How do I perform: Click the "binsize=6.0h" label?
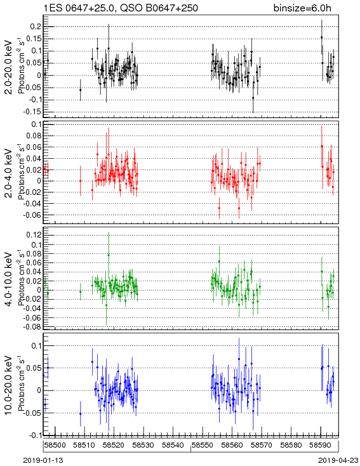302,8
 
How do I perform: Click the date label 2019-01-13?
43,460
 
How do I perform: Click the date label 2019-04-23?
338,460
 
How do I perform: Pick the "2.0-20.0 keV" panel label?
9,67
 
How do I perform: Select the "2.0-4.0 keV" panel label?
9,173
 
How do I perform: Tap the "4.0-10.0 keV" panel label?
9,279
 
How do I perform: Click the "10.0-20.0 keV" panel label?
9,385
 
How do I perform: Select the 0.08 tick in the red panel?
34,136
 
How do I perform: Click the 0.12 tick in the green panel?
34,235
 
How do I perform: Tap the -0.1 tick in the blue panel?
35,436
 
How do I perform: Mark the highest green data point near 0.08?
109,255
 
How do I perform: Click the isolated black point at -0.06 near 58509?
80,90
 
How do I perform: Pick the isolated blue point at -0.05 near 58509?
80,414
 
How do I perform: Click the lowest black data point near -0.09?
253,98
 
